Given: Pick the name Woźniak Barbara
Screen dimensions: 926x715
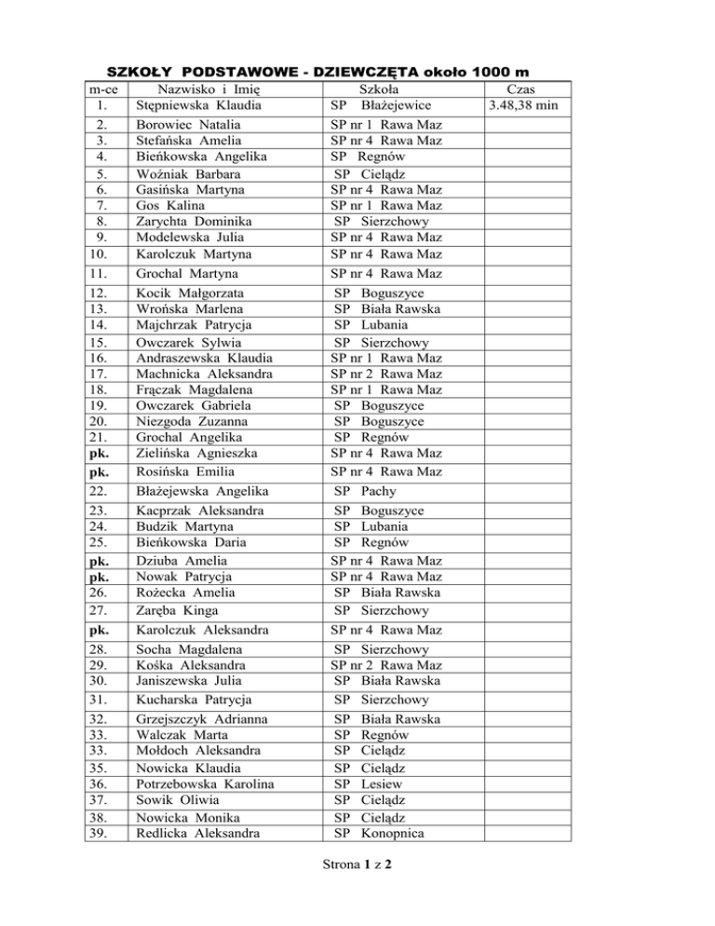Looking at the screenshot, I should (x=182, y=173).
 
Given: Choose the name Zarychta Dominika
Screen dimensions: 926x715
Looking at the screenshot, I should (x=191, y=222).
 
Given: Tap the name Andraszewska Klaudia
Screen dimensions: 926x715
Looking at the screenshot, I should (x=204, y=357).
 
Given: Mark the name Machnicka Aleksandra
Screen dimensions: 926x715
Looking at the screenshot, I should (x=206, y=373).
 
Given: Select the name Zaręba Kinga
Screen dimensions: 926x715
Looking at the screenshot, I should (x=178, y=611).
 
